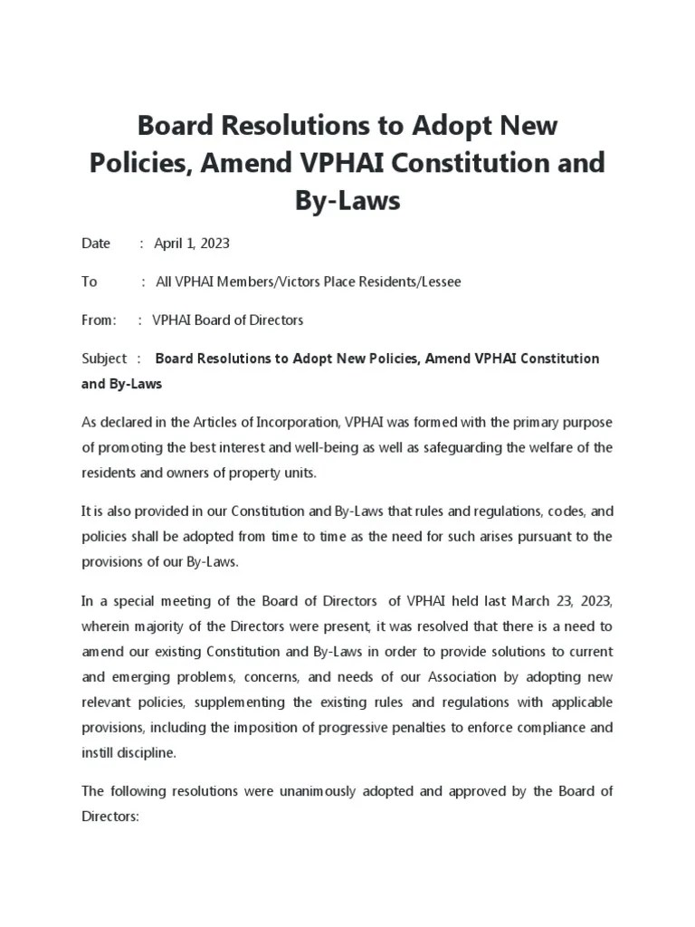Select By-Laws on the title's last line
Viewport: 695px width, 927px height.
(347, 200)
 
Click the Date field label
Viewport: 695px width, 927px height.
(96, 243)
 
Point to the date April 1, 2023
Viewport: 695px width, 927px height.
(192, 243)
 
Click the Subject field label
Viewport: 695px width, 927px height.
(104, 358)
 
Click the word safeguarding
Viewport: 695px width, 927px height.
(496, 447)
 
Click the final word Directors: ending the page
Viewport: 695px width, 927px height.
(109, 816)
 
